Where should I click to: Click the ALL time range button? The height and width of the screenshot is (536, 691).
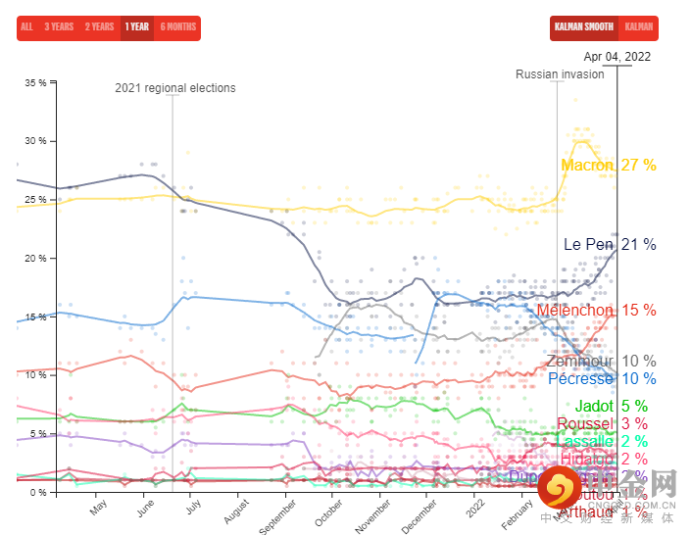26,26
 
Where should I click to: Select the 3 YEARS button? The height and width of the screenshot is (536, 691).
59,26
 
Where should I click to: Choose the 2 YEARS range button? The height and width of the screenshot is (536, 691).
99,26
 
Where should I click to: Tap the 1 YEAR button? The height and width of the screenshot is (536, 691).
137,26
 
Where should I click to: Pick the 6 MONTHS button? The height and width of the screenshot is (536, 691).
177,26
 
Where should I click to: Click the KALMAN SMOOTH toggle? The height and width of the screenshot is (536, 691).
583,26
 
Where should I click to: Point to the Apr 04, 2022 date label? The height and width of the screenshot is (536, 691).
617,56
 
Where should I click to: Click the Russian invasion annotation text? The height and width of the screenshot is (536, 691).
560,74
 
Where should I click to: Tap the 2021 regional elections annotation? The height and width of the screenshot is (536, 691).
175,88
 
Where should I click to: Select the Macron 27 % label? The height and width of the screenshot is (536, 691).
608,166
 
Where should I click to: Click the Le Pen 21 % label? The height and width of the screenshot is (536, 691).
609,244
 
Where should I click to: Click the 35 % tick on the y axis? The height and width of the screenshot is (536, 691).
35,82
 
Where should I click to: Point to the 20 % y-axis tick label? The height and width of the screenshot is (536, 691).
35,258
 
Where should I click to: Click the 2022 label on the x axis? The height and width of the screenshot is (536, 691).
476,510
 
